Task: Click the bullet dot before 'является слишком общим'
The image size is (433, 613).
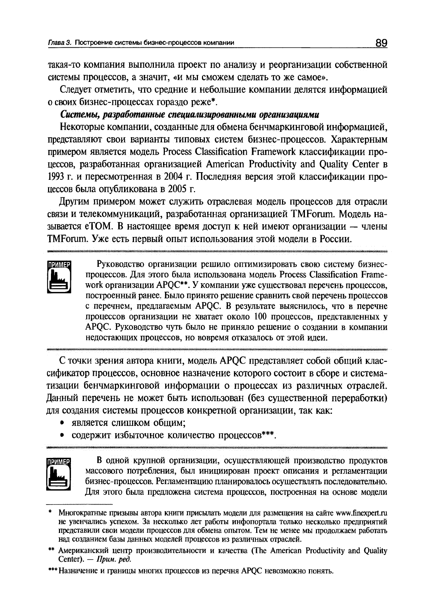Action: [x=63, y=423]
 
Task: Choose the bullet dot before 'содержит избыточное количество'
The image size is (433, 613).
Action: [x=63, y=435]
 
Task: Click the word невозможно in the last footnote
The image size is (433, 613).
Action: [x=286, y=570]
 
